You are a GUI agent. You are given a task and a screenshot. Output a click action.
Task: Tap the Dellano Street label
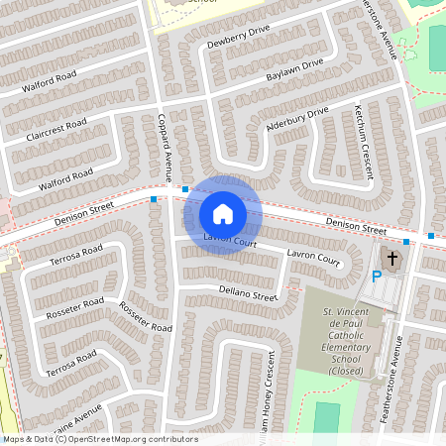(248, 292)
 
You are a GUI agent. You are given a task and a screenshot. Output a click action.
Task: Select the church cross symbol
(392, 259)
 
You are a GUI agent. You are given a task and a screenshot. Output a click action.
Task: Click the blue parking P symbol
(377, 278)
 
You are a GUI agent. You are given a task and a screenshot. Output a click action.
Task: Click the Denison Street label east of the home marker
(356, 226)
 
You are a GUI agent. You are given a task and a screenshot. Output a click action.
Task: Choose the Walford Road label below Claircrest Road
(65, 179)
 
